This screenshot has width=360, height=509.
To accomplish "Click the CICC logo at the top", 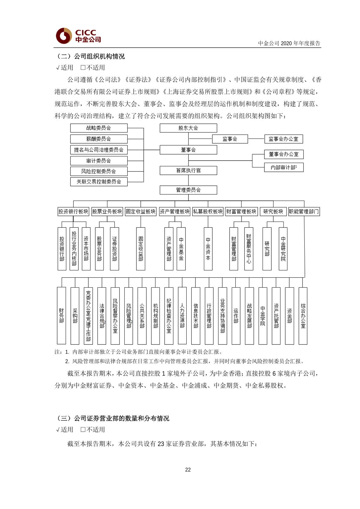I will [78, 36].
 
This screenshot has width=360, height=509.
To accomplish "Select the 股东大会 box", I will [188, 128].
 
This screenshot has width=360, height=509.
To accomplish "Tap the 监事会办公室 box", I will [283, 139].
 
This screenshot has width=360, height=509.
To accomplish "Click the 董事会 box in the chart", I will [188, 150].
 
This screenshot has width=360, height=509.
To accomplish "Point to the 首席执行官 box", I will [188, 171].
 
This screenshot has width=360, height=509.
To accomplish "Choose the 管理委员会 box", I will [188, 190].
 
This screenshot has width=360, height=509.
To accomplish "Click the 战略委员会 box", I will [99, 128].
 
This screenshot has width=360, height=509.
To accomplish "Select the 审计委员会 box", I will [99, 161].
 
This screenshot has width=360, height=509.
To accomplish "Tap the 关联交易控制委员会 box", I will [99, 182].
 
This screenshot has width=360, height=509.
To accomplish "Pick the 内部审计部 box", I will [283, 167].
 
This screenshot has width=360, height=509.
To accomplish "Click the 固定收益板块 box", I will [141, 211].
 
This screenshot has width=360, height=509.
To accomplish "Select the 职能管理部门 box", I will [304, 211].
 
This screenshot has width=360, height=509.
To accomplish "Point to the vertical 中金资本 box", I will [208, 249].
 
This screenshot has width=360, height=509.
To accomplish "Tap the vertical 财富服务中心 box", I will [249, 249].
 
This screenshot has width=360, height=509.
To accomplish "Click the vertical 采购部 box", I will [75, 316].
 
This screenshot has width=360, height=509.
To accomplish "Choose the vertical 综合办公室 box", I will [303, 316].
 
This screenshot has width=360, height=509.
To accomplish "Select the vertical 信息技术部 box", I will [196, 316].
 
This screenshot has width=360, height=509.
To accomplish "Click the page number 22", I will [188, 470].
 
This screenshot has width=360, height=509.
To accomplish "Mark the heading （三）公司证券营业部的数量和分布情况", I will [113, 418].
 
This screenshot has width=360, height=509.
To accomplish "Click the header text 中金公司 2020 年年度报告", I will [289, 43].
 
